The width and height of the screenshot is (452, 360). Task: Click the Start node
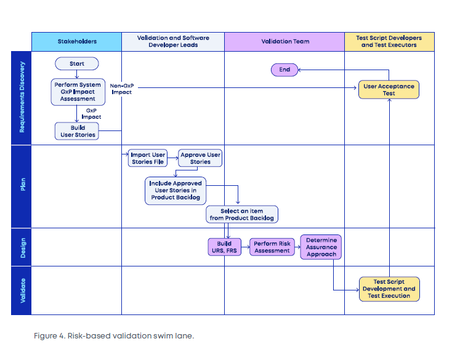[77, 63]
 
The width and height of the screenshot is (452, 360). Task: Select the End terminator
[285, 70]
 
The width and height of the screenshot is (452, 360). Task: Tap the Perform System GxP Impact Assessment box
[78, 92]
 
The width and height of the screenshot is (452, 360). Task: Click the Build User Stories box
[77, 131]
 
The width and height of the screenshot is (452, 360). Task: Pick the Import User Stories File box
[148, 158]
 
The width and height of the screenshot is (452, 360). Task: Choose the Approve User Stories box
[200, 158]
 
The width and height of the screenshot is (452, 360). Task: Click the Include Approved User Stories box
[176, 191]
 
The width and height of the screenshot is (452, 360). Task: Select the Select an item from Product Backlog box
[242, 214]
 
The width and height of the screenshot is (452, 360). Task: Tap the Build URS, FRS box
[224, 247]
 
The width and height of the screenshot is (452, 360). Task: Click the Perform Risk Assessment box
[272, 247]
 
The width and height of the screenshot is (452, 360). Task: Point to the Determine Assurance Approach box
[321, 247]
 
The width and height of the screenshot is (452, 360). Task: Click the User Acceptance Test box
[389, 90]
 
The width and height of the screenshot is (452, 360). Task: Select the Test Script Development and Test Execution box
[389, 289]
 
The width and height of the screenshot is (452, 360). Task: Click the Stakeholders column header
[77, 42]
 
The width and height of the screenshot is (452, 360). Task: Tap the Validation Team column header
[285, 42]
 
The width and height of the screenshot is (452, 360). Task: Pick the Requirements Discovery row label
[22, 98]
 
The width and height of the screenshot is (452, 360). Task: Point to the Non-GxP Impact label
[122, 89]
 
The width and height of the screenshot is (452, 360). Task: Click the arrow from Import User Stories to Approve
[172, 158]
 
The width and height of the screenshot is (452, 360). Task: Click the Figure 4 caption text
[114, 336]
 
